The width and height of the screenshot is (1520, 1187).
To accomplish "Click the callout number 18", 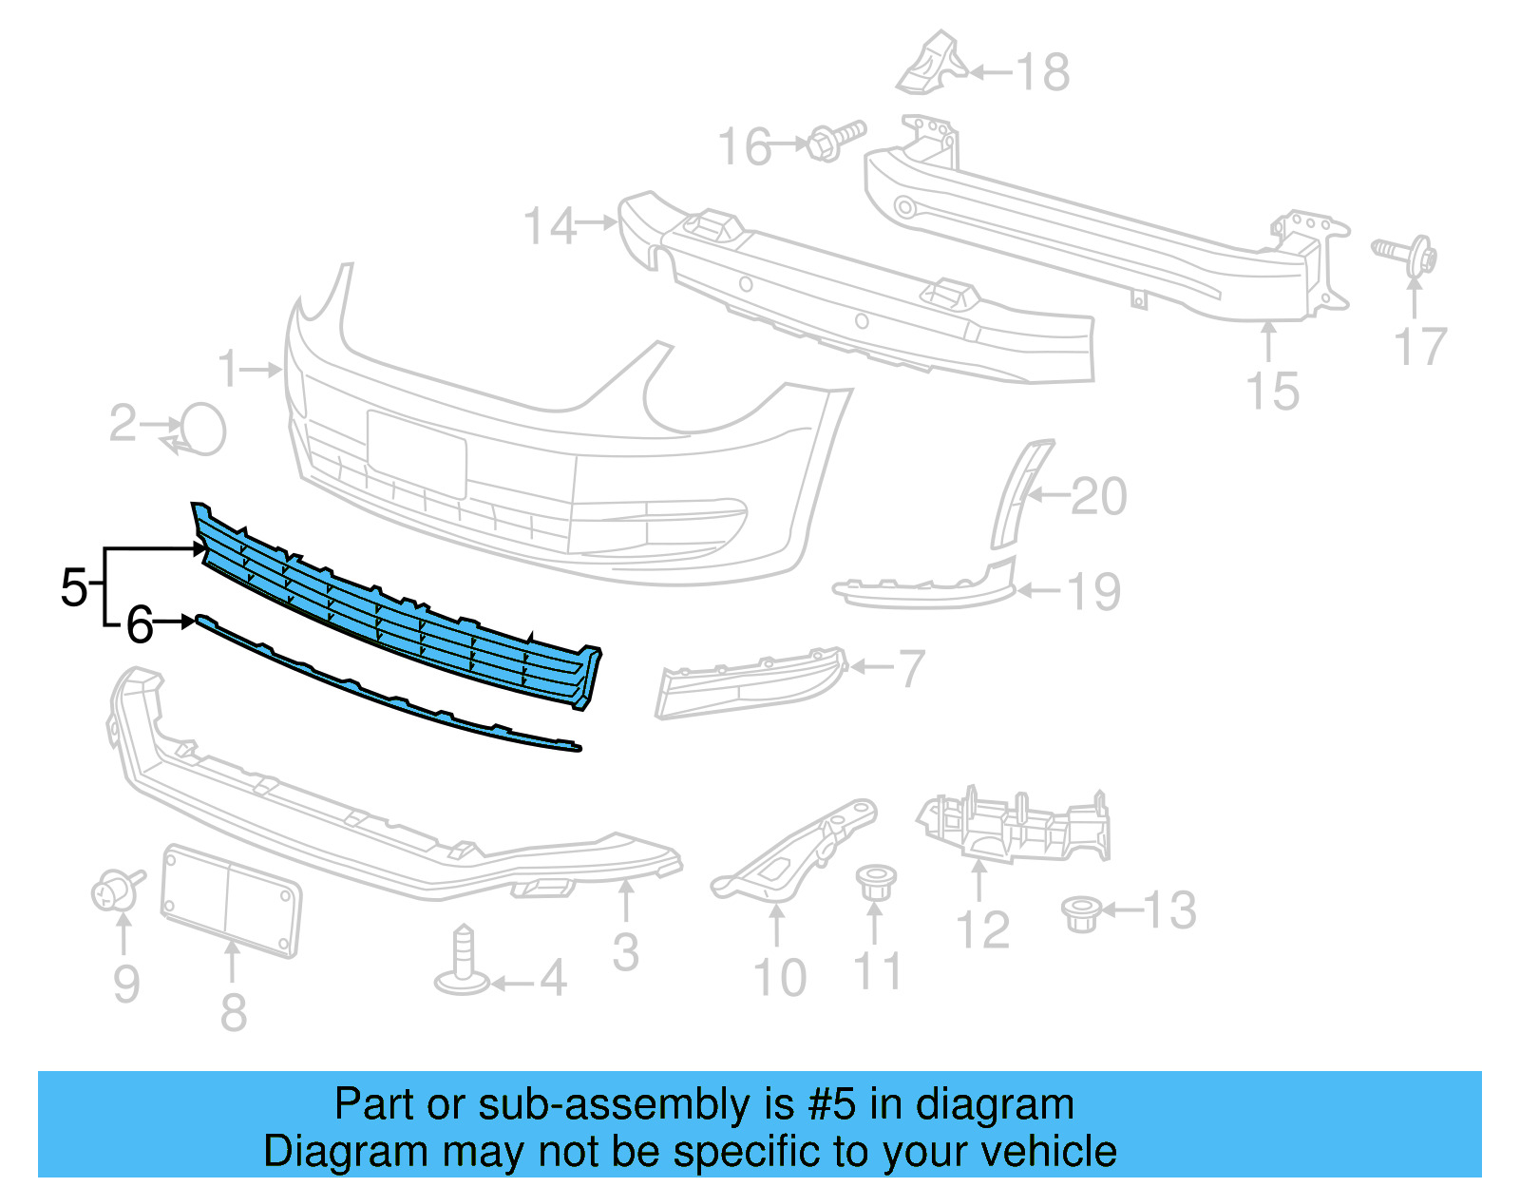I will [1043, 72].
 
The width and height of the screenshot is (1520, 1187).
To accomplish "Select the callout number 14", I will [550, 226].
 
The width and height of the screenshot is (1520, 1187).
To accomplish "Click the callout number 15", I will [1272, 391].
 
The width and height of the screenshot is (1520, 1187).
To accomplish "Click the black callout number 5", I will [73, 586].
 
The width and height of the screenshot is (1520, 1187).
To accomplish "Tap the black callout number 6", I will [140, 624].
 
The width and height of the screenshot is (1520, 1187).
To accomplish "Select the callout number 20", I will [1099, 496].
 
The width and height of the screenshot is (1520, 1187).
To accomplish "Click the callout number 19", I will [1094, 592].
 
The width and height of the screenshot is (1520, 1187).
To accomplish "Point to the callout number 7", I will [911, 668].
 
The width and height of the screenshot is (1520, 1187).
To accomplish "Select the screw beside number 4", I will [463, 963].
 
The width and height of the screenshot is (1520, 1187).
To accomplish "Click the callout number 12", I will [982, 929].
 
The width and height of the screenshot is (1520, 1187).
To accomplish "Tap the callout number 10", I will [779, 977].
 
